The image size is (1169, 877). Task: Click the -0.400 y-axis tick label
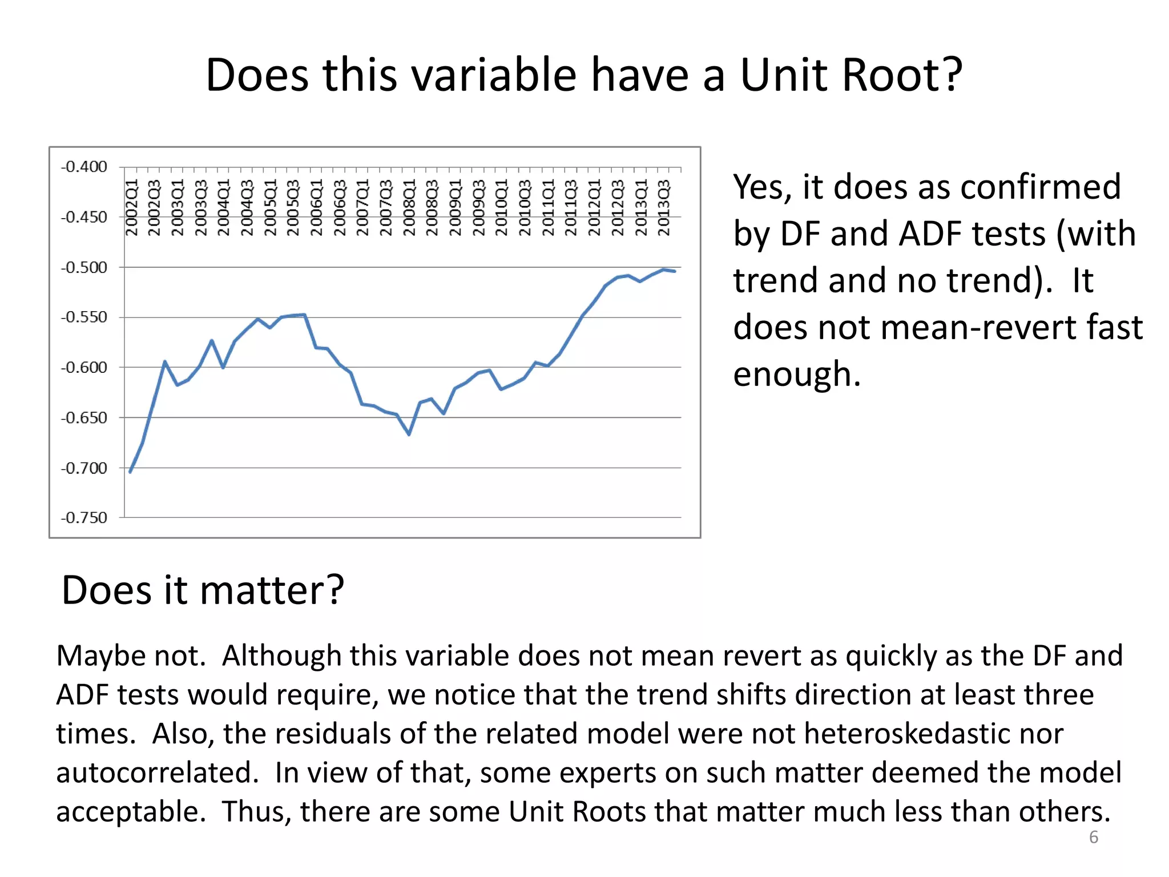pos(84,167)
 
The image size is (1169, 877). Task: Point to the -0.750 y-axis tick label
pos(84,518)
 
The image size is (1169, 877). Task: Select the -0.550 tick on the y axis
pos(84,317)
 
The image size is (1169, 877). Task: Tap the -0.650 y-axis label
pos(84,418)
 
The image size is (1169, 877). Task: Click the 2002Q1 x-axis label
pos(132,207)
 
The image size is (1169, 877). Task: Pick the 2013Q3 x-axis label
pos(663,207)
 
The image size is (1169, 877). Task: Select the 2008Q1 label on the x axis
pos(409,207)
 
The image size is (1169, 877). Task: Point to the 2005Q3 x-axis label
pos(293,207)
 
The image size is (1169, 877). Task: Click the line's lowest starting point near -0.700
pos(131,472)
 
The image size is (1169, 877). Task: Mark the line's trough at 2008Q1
pos(409,435)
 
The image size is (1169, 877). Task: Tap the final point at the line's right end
pos(675,271)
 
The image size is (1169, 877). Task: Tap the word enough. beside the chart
pos(797,375)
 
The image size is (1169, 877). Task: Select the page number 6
pos(1094,837)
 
